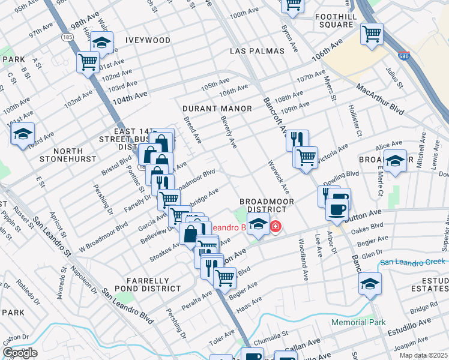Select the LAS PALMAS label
tap(256, 52)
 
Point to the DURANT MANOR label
tap(217, 109)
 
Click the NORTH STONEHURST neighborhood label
tap(68, 155)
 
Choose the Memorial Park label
tap(359, 323)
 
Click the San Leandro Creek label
tap(413, 262)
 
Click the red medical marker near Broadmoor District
tap(276, 227)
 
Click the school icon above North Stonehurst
tap(23, 133)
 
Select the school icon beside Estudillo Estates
tap(370, 283)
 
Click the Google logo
tap(20, 353)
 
